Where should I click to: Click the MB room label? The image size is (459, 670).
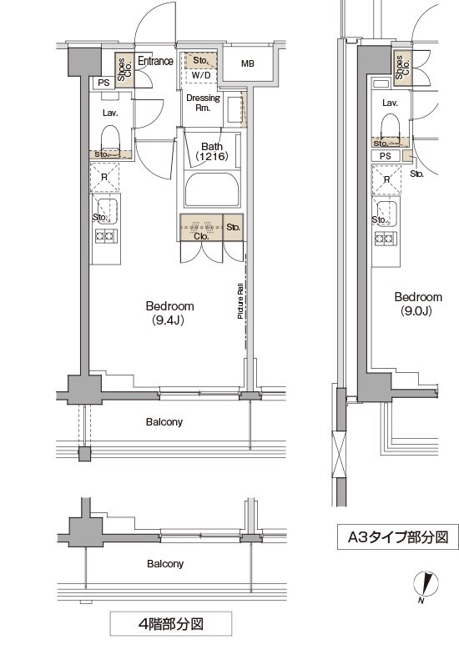[248, 63]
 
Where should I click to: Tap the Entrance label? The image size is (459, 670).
[155, 61]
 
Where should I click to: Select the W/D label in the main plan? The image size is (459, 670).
[201, 75]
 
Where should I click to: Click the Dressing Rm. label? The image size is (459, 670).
[203, 103]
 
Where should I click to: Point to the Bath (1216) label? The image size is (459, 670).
[211, 152]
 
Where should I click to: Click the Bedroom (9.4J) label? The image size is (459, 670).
[169, 313]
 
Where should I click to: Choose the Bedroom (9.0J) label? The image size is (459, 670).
[418, 304]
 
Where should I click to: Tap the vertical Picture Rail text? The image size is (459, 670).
[240, 301]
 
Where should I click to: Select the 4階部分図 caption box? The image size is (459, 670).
[171, 623]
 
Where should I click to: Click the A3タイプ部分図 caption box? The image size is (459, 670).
[397, 537]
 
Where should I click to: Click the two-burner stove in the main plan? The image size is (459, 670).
[106, 236]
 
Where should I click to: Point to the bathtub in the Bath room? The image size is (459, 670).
[211, 189]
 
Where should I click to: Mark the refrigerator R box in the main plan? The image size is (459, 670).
[104, 178]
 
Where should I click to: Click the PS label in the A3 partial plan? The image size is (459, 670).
[386, 156]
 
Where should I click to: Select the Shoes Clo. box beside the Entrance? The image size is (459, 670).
[124, 69]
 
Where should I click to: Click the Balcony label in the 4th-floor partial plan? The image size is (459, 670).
[165, 563]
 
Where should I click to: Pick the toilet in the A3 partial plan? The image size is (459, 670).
[391, 126]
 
